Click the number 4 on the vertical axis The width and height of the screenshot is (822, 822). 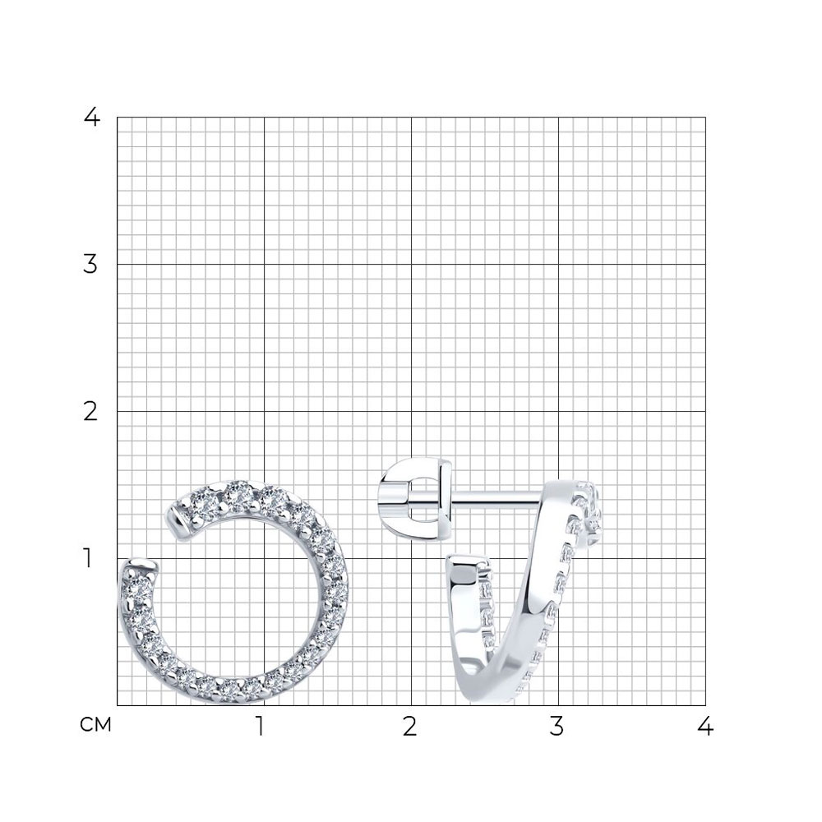click(x=92, y=117)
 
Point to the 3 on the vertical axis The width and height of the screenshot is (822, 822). click(x=90, y=264)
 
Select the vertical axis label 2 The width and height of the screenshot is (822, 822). click(x=90, y=412)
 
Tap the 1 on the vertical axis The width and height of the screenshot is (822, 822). click(x=88, y=559)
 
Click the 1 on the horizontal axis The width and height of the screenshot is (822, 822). click(x=260, y=727)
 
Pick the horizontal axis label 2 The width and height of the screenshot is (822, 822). click(x=410, y=727)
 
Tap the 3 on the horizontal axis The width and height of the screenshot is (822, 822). click(x=556, y=727)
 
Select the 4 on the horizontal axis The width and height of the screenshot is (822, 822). click(x=705, y=727)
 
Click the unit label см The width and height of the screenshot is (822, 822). click(x=96, y=725)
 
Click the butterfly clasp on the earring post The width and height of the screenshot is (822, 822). click(x=415, y=498)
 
